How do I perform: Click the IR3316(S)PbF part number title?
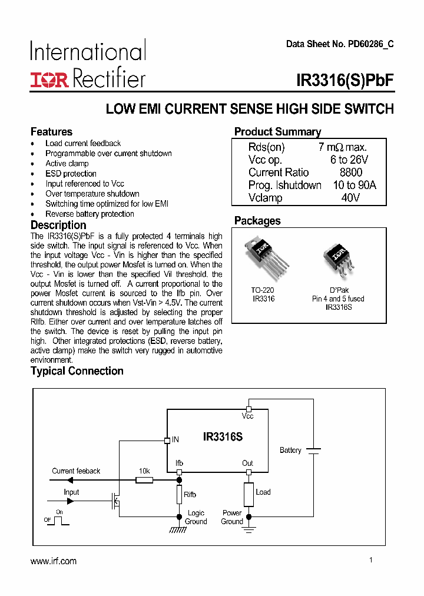(345, 81)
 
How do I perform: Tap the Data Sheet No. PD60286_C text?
(340, 44)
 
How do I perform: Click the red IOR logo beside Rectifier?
(49, 80)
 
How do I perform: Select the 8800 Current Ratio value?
(351, 173)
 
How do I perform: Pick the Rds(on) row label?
(266, 147)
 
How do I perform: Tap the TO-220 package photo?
(261, 259)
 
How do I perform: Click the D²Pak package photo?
(338, 260)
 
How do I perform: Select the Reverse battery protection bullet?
(90, 214)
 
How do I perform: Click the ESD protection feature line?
(71, 174)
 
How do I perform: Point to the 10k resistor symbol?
(144, 481)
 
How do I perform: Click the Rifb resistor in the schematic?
(179, 495)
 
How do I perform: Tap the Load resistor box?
(249, 494)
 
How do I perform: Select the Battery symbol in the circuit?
(313, 451)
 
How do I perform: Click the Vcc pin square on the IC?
(249, 409)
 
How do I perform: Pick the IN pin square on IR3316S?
(167, 439)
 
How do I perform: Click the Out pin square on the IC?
(249, 472)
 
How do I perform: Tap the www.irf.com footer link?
(54, 561)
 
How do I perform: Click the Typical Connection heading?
(77, 371)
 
